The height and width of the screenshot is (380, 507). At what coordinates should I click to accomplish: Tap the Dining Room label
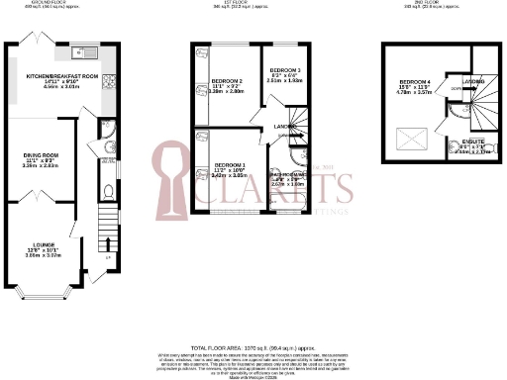(x=43, y=154)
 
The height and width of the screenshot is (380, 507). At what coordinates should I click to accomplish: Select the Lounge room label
(x=43, y=242)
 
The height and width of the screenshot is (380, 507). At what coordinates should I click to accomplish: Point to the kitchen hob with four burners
(x=114, y=80)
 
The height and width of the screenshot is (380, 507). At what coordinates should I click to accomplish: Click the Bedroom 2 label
(x=228, y=80)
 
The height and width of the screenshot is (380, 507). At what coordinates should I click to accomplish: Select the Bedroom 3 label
(x=285, y=70)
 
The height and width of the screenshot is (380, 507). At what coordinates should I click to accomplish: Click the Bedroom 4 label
(x=414, y=82)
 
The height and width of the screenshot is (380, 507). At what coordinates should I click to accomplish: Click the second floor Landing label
(x=457, y=81)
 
